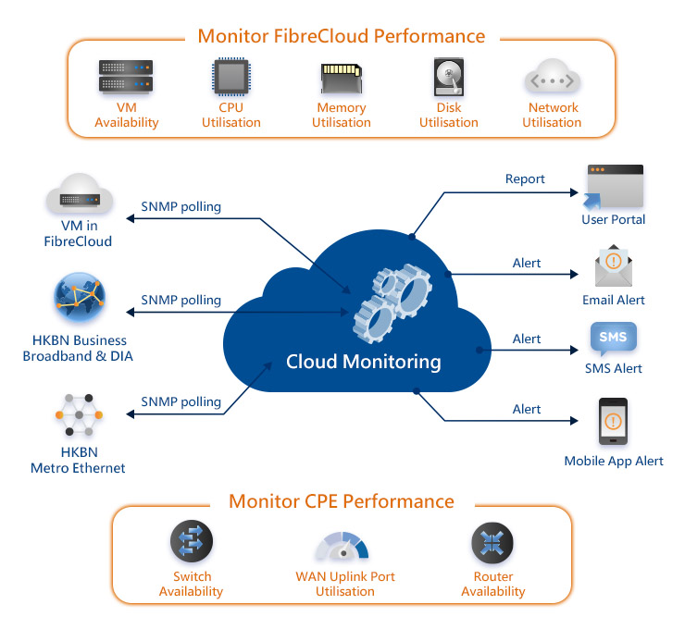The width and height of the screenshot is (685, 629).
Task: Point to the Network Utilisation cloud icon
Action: [552, 79]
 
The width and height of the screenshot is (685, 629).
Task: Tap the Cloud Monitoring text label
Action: [363, 361]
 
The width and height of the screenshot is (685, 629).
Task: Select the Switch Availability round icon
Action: [192, 543]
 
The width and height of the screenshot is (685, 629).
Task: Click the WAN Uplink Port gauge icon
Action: [343, 546]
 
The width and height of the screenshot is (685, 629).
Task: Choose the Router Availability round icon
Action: [492, 543]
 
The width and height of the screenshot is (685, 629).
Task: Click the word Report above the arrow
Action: [525, 179]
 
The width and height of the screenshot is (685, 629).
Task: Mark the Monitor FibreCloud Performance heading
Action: [342, 36]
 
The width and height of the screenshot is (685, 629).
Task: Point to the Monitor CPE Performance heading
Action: [342, 501]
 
